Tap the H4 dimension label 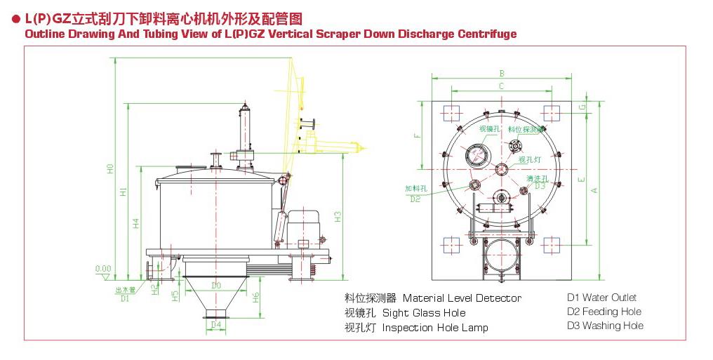(x=137, y=224)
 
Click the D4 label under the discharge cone (x=216, y=324)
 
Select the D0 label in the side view (x=216, y=286)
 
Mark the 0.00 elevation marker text (x=103, y=269)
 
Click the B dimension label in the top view (x=501, y=73)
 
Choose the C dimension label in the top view (x=501, y=86)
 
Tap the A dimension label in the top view (x=594, y=189)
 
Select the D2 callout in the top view (x=415, y=199)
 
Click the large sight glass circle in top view (x=478, y=154)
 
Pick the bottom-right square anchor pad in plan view (x=552, y=244)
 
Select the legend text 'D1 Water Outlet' (x=601, y=298)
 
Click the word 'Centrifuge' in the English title (x=484, y=33)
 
